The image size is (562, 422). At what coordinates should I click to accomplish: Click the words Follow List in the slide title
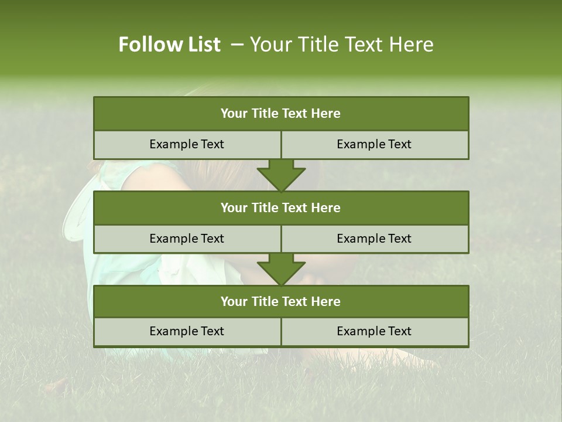(x=169, y=45)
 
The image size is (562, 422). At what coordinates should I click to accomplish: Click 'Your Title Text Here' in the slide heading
(x=341, y=45)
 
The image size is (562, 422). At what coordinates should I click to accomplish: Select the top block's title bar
(x=281, y=114)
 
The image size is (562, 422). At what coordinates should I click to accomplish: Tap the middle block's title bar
(x=281, y=208)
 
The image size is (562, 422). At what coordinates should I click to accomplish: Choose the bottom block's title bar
(x=281, y=302)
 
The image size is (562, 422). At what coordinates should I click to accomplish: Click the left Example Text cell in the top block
(x=187, y=145)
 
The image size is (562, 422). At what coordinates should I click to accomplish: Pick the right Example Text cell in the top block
(x=375, y=145)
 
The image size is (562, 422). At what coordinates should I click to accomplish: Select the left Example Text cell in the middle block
(x=187, y=239)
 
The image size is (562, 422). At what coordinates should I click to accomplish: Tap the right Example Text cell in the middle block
(x=375, y=239)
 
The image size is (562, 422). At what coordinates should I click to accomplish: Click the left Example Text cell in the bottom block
(x=187, y=332)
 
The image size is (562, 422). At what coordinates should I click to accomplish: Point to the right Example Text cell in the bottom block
(x=375, y=332)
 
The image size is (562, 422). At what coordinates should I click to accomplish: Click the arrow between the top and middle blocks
(x=281, y=175)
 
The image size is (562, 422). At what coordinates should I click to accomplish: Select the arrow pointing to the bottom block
(x=281, y=269)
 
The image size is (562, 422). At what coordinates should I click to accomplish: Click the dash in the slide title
(x=237, y=45)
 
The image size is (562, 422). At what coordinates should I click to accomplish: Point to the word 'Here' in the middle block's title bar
(x=326, y=208)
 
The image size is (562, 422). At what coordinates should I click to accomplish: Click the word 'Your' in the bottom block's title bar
(x=234, y=302)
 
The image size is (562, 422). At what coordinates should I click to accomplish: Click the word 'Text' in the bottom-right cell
(x=400, y=332)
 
